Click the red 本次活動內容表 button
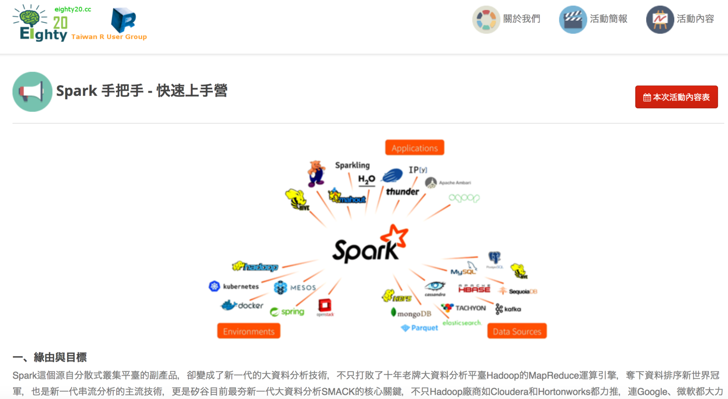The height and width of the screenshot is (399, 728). click(x=676, y=97)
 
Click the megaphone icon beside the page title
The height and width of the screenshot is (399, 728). click(x=32, y=91)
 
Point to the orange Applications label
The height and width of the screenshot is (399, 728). click(x=415, y=148)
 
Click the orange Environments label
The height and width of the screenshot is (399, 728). click(x=248, y=331)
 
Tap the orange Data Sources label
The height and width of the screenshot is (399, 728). click(x=517, y=331)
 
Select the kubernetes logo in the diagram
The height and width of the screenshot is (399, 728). click(x=234, y=286)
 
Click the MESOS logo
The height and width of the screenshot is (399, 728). click(x=295, y=288)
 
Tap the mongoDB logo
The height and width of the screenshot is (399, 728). click(x=411, y=313)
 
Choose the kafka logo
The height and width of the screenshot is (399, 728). click(x=508, y=309)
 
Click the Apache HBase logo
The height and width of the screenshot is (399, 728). click(x=474, y=288)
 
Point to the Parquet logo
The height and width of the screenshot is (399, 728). click(x=420, y=328)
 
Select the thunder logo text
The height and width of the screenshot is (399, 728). click(x=402, y=192)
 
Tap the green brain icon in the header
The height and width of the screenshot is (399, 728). click(x=30, y=17)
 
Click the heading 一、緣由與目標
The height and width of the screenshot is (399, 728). click(x=50, y=357)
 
